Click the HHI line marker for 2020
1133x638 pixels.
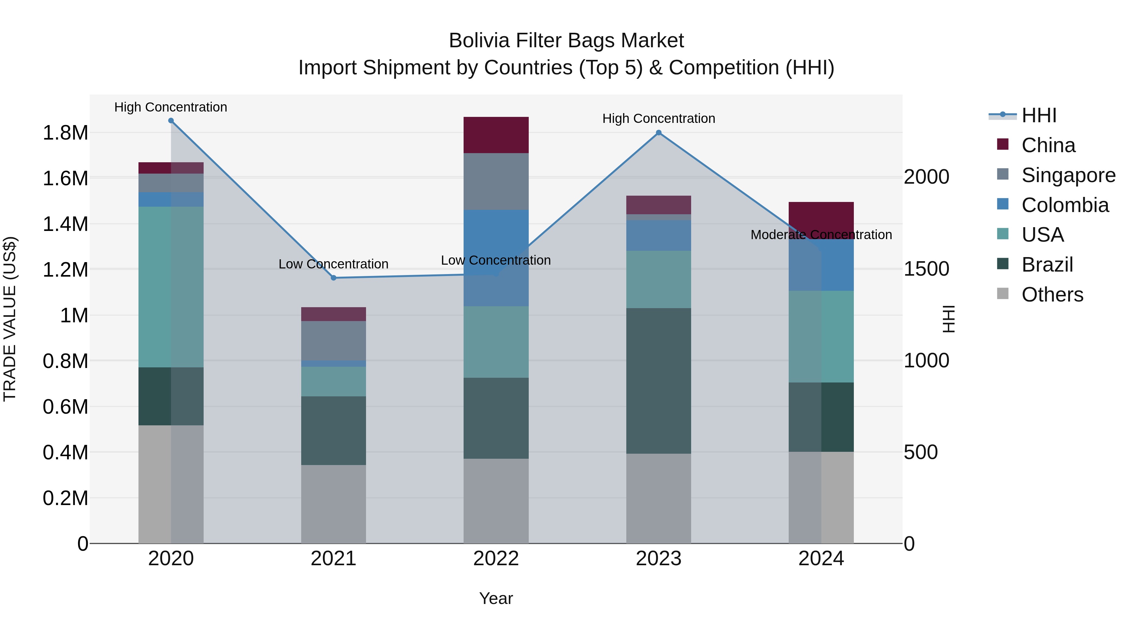171,121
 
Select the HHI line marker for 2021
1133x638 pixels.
333,278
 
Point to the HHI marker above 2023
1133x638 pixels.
658,133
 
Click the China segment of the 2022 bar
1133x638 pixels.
496,135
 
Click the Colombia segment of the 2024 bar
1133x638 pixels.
821,265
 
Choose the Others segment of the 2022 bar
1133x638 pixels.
496,501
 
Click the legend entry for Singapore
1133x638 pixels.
1068,175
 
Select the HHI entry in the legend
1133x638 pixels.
1039,115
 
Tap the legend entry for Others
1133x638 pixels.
1052,295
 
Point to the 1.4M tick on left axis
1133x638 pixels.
65,224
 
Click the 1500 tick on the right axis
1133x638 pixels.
926,269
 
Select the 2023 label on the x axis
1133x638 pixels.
658,559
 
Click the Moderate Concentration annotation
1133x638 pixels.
821,235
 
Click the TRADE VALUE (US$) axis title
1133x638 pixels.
10,319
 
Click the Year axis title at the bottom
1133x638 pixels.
496,598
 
